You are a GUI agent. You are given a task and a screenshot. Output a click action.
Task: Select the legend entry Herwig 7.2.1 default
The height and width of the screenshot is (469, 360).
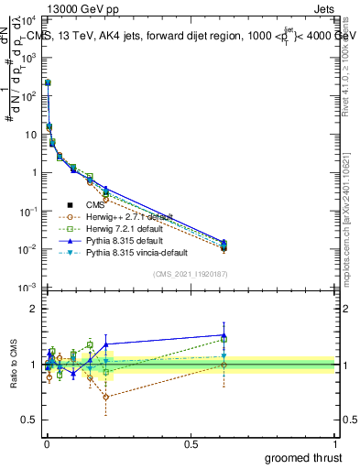115,228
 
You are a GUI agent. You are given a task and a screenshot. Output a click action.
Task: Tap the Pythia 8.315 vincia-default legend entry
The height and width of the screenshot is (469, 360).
126,251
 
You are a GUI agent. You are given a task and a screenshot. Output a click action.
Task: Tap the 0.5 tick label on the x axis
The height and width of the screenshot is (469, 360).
191,442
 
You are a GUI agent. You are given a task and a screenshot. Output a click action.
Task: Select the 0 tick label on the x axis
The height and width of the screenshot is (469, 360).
47,442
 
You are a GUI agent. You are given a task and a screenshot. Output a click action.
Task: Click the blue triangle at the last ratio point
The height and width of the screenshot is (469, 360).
275,335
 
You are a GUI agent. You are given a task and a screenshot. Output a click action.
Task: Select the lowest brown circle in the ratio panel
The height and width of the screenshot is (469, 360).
106,397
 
